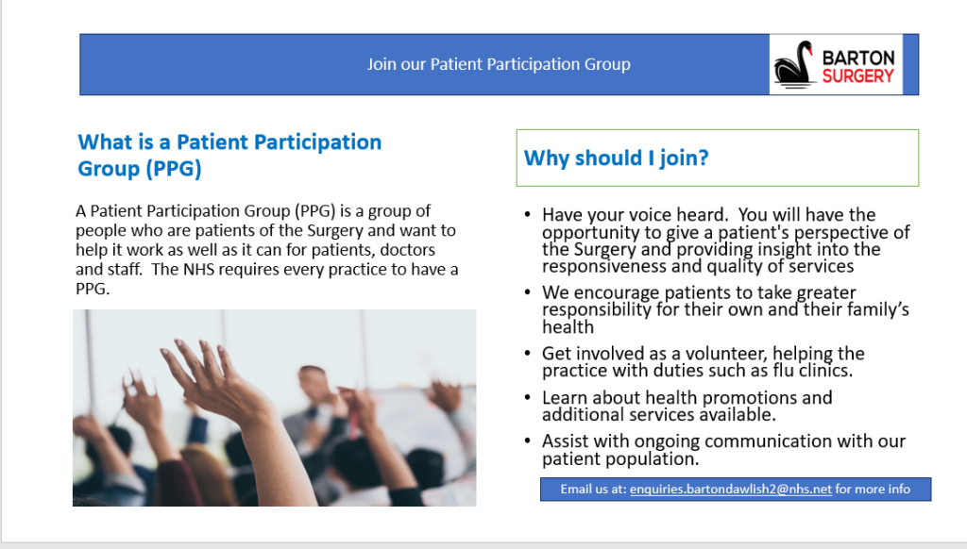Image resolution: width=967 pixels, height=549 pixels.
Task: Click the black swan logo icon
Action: [795, 64]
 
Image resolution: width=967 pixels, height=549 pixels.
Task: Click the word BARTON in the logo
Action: [858, 57]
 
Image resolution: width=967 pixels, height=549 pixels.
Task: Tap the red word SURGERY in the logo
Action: [857, 75]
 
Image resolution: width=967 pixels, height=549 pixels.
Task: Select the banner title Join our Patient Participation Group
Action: [499, 64]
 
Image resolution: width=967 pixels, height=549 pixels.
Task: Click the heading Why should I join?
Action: [616, 158]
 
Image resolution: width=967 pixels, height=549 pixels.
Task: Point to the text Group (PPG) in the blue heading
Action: [140, 169]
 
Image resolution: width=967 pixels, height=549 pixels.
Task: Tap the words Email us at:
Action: [592, 489]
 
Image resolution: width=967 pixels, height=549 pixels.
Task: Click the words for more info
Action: [873, 489]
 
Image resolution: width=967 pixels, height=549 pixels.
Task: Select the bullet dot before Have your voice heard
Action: [527, 215]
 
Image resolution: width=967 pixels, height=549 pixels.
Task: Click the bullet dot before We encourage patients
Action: [527, 293]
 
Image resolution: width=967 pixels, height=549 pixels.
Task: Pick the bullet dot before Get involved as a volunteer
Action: [527, 354]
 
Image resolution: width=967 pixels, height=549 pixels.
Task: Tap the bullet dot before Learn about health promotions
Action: [527, 398]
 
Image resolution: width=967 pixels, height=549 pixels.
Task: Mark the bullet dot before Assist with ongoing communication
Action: [527, 441]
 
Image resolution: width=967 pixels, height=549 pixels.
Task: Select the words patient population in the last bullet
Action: [620, 459]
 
